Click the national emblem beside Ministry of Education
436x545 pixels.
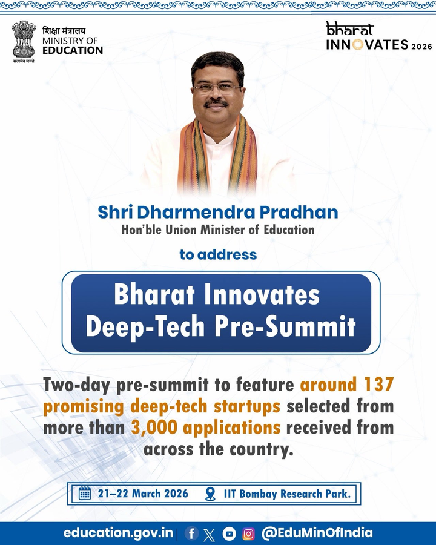(x=24, y=41)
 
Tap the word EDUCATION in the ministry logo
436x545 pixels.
(x=73, y=51)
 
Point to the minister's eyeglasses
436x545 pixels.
(x=217, y=88)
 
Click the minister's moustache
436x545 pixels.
(x=216, y=104)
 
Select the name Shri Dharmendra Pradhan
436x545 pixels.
(x=217, y=213)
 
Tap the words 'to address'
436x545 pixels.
(x=218, y=254)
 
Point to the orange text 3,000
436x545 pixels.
(x=154, y=428)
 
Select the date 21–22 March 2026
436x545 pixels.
(x=143, y=494)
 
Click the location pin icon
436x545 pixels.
(x=210, y=494)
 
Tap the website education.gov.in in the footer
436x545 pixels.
(x=118, y=533)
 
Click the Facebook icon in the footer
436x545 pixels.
(x=191, y=533)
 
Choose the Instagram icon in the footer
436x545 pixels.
(x=248, y=533)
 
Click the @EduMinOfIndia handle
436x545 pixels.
(x=317, y=533)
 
